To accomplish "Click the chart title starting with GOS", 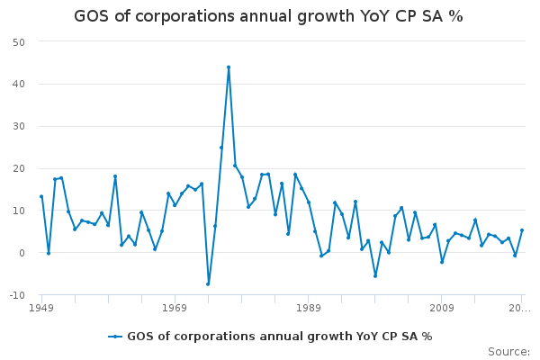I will pyautogui.click(x=268, y=17).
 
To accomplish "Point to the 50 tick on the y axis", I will pyautogui.click(x=18, y=42).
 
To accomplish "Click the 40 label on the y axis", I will pyautogui.click(x=18, y=85).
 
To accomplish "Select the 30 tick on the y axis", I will pyautogui.click(x=18, y=127).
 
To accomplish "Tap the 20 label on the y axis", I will pyautogui.click(x=18, y=169).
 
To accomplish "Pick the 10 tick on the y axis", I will pyautogui.click(x=18, y=211).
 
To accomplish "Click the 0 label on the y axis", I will pyautogui.click(x=22, y=253).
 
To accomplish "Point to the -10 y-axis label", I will pyautogui.click(x=16, y=295).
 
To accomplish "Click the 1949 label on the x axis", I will pyautogui.click(x=41, y=308).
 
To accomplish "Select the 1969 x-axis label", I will pyautogui.click(x=175, y=308).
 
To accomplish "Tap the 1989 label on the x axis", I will pyautogui.click(x=308, y=308).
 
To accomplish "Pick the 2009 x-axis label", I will pyautogui.click(x=441, y=308).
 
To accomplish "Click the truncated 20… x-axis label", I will pyautogui.click(x=520, y=308).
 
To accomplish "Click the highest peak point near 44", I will pyautogui.click(x=229, y=67).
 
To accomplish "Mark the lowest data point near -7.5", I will pyautogui.click(x=208, y=284).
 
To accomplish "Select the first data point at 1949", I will pyautogui.click(x=41, y=196).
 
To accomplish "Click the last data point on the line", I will pyautogui.click(x=521, y=230).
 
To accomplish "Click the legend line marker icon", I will pyautogui.click(x=115, y=337).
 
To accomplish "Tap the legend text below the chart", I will pyautogui.click(x=279, y=337).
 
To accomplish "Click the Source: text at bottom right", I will pyautogui.click(x=508, y=351).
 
